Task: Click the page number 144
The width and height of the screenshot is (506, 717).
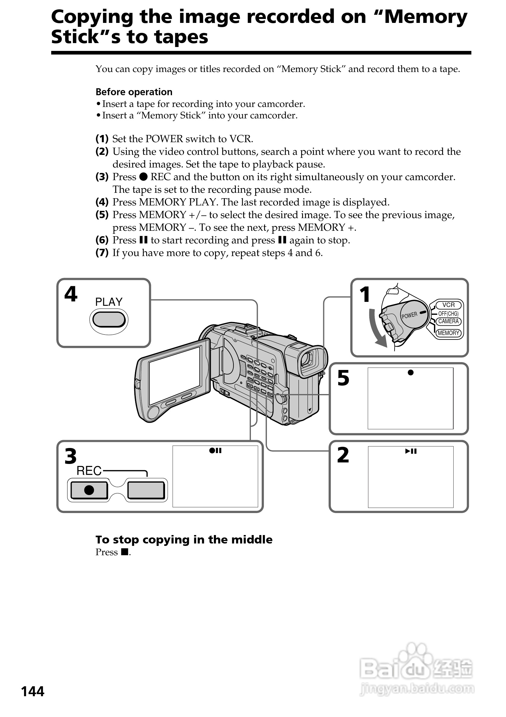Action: pyautogui.click(x=33, y=692)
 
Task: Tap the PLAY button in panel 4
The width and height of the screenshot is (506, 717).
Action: pyautogui.click(x=109, y=319)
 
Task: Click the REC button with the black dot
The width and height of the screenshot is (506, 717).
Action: pyautogui.click(x=89, y=490)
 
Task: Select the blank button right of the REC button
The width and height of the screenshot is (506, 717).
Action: pyautogui.click(x=146, y=490)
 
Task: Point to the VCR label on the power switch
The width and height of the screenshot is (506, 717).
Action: pyautogui.click(x=448, y=305)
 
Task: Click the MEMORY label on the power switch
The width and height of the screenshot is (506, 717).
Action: pyautogui.click(x=448, y=333)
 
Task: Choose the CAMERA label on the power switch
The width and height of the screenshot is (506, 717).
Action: pyautogui.click(x=448, y=321)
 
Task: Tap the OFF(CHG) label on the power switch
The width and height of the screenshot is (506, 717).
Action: pyautogui.click(x=448, y=314)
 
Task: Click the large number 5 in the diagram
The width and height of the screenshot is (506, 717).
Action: pyautogui.click(x=343, y=378)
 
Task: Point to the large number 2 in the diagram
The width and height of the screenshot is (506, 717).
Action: pyautogui.click(x=343, y=455)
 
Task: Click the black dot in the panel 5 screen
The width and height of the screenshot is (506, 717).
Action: pyautogui.click(x=411, y=373)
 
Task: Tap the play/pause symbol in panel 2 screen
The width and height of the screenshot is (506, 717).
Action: pyautogui.click(x=411, y=451)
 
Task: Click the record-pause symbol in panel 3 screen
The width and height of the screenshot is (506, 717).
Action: pyautogui.click(x=215, y=451)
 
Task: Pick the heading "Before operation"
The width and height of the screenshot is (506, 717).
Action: pyautogui.click(x=134, y=92)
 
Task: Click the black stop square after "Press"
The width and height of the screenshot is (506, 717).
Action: pyautogui.click(x=125, y=552)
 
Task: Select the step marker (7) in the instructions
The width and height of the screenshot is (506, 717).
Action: pyautogui.click(x=102, y=253)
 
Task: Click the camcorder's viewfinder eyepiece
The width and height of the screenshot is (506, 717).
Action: pyautogui.click(x=309, y=359)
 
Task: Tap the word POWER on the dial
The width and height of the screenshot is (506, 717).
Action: pyautogui.click(x=409, y=315)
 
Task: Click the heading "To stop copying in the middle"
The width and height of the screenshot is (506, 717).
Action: pyautogui.click(x=184, y=539)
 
